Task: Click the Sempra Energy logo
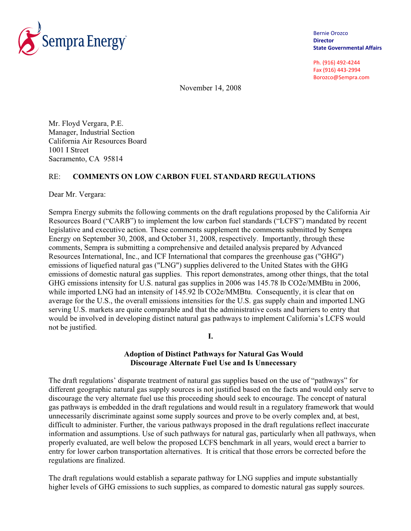point(73,39)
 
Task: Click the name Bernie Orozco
point(330,33)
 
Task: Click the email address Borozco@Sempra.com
point(341,78)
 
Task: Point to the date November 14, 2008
point(210,88)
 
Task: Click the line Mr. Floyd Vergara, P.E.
point(86,123)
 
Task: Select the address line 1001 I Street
point(68,150)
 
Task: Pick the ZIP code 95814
point(113,159)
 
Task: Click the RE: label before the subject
point(54,177)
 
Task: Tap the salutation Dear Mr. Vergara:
point(77,194)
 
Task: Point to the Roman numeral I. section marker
point(210,336)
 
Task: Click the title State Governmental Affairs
point(347,48)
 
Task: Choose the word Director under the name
point(324,41)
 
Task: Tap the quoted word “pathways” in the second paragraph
point(330,381)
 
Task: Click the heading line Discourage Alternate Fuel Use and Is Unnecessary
point(213,363)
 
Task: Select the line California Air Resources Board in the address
point(98,141)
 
